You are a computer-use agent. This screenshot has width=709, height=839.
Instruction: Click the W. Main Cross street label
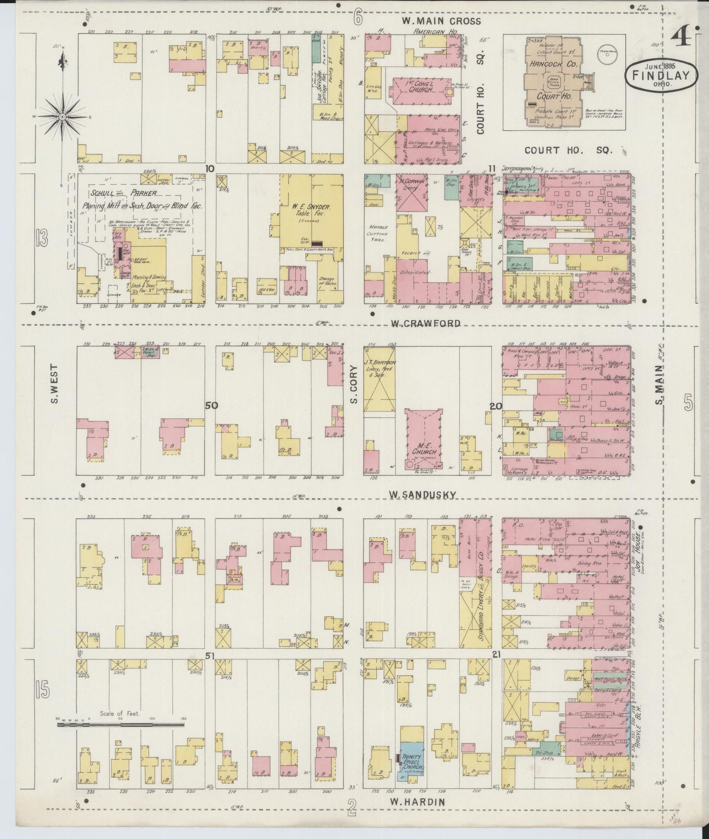pyautogui.click(x=441, y=21)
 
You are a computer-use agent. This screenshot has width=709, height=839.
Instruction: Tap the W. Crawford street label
pyautogui.click(x=426, y=323)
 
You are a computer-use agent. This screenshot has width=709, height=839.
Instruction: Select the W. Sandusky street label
pyautogui.click(x=423, y=495)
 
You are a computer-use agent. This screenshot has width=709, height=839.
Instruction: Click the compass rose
pyautogui.click(x=63, y=116)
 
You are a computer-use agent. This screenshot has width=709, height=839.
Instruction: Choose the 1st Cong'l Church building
pyautogui.click(x=421, y=90)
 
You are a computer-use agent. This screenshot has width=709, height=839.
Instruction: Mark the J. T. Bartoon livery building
pyautogui.click(x=380, y=381)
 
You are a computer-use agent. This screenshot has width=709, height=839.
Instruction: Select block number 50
pyautogui.click(x=211, y=405)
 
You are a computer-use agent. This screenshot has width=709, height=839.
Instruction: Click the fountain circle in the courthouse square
pyautogui.click(x=607, y=57)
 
